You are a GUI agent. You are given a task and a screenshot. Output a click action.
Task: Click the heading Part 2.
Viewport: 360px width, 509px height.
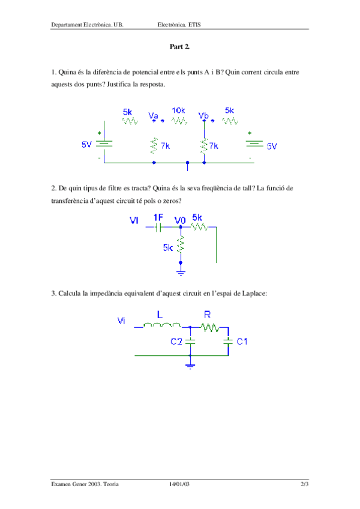point(180,46)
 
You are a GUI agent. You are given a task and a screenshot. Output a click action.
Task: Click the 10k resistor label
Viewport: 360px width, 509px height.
point(178,110)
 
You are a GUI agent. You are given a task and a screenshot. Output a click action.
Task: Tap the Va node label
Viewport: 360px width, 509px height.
point(154,115)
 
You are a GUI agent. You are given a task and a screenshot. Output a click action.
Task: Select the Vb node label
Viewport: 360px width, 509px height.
point(203,115)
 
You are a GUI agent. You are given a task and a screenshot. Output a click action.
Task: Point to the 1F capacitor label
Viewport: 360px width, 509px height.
point(158,217)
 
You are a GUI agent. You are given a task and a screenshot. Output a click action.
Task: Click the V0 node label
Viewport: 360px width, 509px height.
point(180,220)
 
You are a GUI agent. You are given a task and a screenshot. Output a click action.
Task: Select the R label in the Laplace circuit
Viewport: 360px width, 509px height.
point(208,313)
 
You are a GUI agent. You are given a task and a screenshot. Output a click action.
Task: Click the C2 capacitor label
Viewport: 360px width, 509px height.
point(176,342)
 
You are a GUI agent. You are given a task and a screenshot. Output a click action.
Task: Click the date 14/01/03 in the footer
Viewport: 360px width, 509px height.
point(180,484)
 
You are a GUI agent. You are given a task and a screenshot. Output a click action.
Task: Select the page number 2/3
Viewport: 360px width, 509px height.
point(305,484)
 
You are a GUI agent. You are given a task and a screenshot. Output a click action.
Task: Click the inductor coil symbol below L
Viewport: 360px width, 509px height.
point(162,326)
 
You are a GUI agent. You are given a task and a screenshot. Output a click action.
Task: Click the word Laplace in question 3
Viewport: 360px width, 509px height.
point(254,294)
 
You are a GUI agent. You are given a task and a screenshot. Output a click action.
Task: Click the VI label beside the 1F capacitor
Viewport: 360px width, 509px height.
point(134,221)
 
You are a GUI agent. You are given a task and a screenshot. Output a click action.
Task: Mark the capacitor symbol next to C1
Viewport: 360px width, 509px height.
point(227,342)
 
